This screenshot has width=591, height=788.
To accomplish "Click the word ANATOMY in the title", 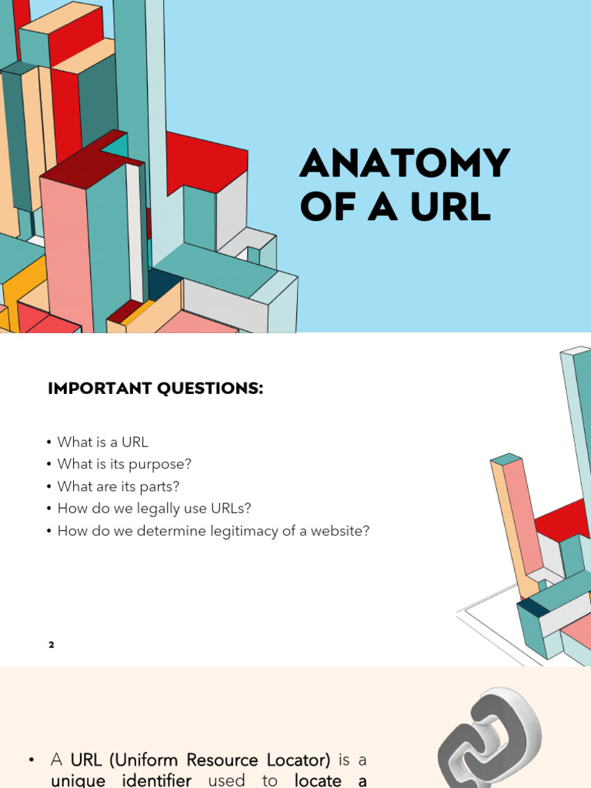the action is coord(405,163).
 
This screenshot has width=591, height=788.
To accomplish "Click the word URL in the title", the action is coord(451,206).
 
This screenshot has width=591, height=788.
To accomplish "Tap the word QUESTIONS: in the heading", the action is coord(210,389).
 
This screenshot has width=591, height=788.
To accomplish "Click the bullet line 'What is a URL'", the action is coord(102,442).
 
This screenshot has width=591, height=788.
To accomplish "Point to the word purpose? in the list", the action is coord(160,465).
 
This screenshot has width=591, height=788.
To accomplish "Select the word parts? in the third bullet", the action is coord(159,487).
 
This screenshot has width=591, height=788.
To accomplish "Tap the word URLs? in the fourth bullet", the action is coord(231,509).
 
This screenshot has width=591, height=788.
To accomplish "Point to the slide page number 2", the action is coord(52,645).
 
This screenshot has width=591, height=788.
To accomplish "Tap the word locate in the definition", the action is coord(318,780).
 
